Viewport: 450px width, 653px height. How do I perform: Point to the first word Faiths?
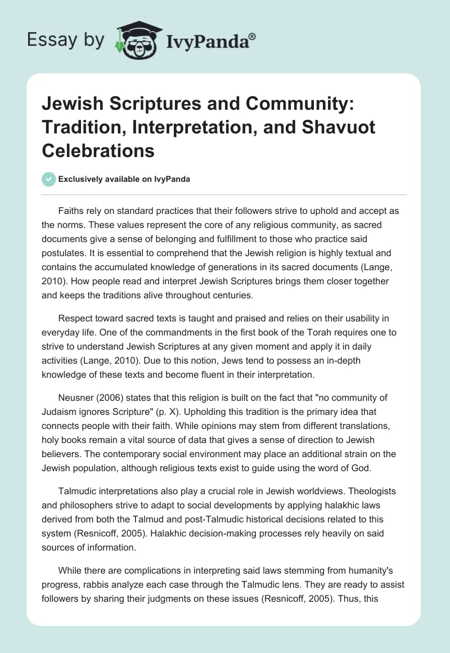pyautogui.click(x=71, y=211)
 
